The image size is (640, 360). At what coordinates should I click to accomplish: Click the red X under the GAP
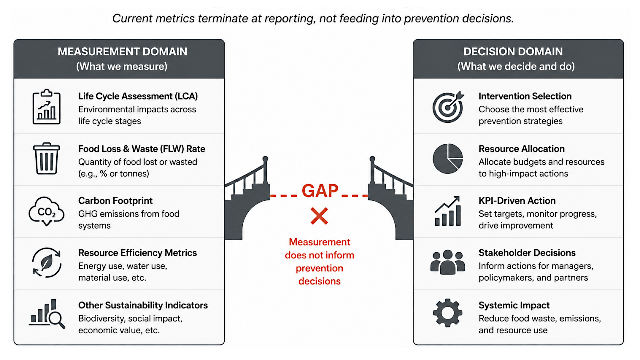point(319,216)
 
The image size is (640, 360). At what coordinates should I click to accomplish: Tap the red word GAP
point(320,191)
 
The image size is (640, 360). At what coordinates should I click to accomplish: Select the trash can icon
point(46,159)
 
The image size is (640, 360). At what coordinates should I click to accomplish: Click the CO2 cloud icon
point(46,211)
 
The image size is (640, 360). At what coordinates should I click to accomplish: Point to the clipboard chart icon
point(47,107)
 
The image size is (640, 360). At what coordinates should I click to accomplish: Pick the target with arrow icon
point(448,107)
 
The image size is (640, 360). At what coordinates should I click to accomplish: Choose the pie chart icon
point(447,159)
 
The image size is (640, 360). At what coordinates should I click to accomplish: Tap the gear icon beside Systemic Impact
point(447,313)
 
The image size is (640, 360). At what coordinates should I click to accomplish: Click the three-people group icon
point(447,262)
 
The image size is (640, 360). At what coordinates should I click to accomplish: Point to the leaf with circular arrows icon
point(47,263)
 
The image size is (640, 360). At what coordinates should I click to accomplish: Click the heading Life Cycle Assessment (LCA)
point(138,96)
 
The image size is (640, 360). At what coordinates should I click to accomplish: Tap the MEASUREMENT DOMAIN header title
point(122,52)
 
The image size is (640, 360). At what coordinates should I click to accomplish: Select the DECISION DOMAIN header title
point(513,52)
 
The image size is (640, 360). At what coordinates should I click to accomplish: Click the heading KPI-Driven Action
point(517,201)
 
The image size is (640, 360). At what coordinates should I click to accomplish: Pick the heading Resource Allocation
point(521,149)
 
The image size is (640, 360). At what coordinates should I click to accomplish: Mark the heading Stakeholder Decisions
point(527,253)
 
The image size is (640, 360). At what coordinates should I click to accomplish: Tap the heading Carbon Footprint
point(115,201)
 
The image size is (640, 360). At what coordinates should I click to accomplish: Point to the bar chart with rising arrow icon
point(448,211)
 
